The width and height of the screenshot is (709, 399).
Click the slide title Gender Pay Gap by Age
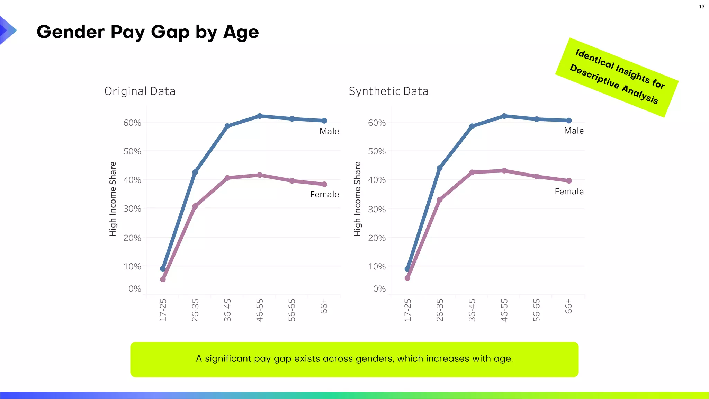click(x=147, y=32)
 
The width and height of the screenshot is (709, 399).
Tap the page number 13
click(x=701, y=7)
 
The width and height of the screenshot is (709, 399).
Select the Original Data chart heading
click(x=140, y=91)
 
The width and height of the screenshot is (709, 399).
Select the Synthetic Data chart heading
click(x=388, y=91)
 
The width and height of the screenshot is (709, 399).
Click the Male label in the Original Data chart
click(x=329, y=131)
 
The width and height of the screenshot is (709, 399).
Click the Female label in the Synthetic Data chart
click(x=569, y=192)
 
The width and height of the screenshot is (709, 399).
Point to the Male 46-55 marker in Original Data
click(x=260, y=116)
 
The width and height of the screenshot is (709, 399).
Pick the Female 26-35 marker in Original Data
click(x=195, y=206)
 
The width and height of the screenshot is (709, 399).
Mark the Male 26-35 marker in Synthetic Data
click(x=440, y=168)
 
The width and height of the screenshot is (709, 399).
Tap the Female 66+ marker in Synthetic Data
click(x=569, y=181)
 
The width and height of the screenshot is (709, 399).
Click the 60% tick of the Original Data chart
click(x=132, y=123)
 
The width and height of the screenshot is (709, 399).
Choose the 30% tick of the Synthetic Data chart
click(x=377, y=209)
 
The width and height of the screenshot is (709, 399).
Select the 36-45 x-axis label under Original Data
click(x=227, y=310)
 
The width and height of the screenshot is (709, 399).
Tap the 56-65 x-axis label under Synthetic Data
click(x=536, y=310)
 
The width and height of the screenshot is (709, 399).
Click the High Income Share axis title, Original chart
click(x=113, y=199)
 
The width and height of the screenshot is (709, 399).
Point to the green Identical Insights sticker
click(x=617, y=77)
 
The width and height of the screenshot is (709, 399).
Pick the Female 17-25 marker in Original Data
click(x=163, y=279)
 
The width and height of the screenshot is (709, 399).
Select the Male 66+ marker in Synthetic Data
click(x=569, y=121)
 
